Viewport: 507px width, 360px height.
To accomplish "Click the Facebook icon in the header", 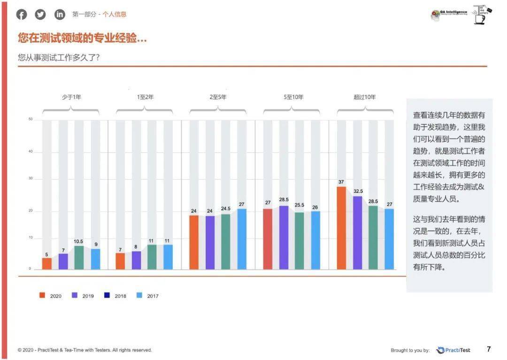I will [22, 15].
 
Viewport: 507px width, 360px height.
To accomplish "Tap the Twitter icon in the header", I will [41, 15].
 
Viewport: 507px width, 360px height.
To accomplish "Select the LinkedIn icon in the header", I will [60, 15].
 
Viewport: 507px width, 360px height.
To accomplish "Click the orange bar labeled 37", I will [341, 228].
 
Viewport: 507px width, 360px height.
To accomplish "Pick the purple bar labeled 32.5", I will [357, 233].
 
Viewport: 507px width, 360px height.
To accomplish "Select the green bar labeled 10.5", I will [79, 258].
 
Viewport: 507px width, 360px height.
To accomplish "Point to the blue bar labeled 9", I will [95, 259].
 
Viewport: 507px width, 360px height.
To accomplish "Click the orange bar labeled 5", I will [47, 264].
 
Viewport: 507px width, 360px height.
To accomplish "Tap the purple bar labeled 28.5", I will [284, 237].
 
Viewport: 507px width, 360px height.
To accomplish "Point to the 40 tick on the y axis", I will [30, 152].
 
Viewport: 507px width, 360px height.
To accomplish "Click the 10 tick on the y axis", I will [30, 238].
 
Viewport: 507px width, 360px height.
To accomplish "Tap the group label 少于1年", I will [71, 97].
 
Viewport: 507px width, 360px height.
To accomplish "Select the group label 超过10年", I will [365, 97].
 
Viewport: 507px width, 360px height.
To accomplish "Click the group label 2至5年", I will [218, 97].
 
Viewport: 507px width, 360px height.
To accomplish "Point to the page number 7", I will [489, 349].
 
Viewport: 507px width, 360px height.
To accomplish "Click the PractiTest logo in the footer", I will [453, 350].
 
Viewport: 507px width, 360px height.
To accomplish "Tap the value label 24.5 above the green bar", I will [226, 208].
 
